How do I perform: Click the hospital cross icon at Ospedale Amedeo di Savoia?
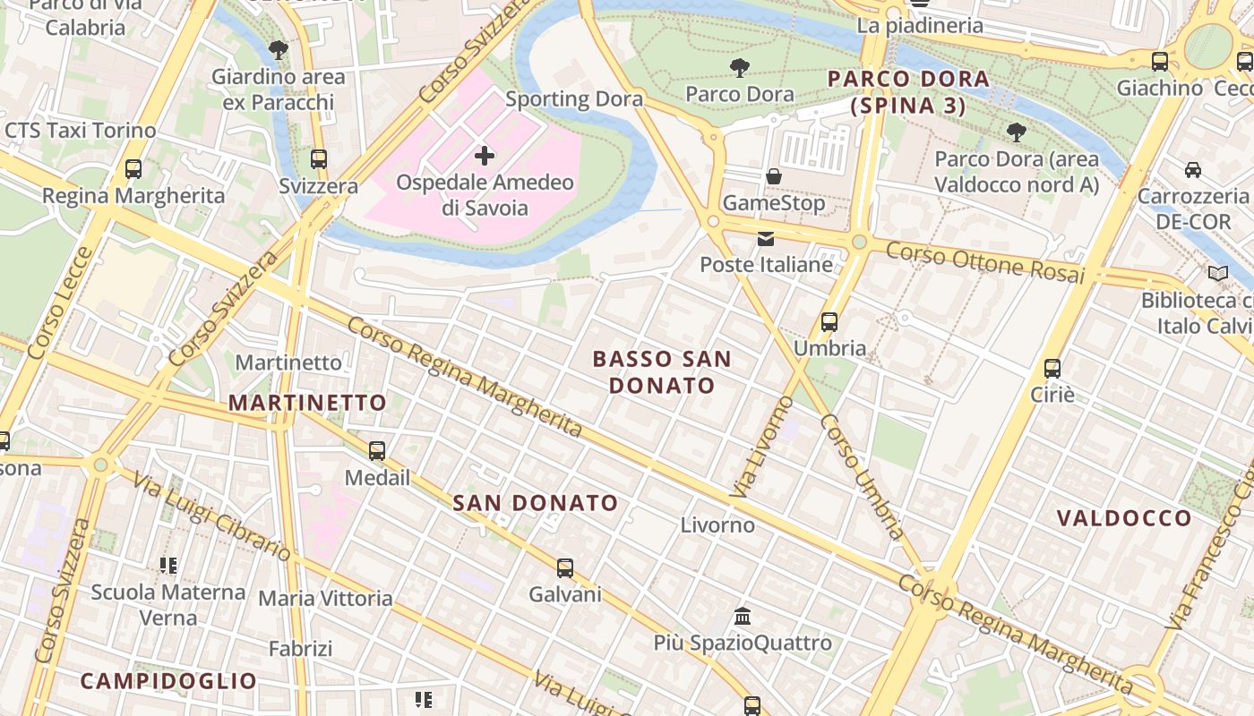pos(485,156)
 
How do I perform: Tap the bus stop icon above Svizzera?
pos(319,159)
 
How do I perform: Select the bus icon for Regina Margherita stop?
pos(133,168)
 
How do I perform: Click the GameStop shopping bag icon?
pos(774,176)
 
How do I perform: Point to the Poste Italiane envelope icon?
pos(766,238)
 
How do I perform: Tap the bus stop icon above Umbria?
pos(829,322)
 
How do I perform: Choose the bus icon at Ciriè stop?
pos(1052,368)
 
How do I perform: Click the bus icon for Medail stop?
pos(377,451)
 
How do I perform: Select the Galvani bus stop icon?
pos(565,567)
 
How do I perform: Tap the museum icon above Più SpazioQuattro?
pos(743,616)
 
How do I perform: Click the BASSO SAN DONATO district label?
pos(662,372)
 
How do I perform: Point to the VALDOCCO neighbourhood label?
pos(1124,518)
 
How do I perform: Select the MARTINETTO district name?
pos(307,403)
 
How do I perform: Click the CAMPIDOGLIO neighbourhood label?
pos(169,681)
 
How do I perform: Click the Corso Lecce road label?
pos(60,303)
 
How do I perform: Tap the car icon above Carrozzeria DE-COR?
pos(1193,169)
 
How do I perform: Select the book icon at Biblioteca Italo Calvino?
pos(1218,273)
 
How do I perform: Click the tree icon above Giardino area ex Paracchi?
pos(279,50)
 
